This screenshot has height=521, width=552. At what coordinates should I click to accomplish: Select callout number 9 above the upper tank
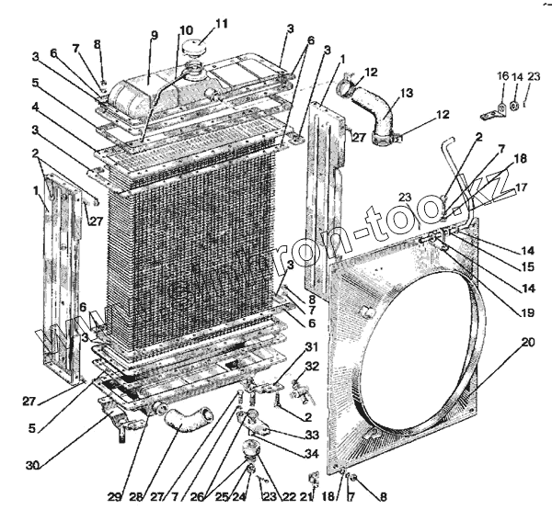pyautogui.click(x=154, y=36)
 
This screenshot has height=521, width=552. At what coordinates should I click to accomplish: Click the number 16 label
pyautogui.click(x=501, y=76)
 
